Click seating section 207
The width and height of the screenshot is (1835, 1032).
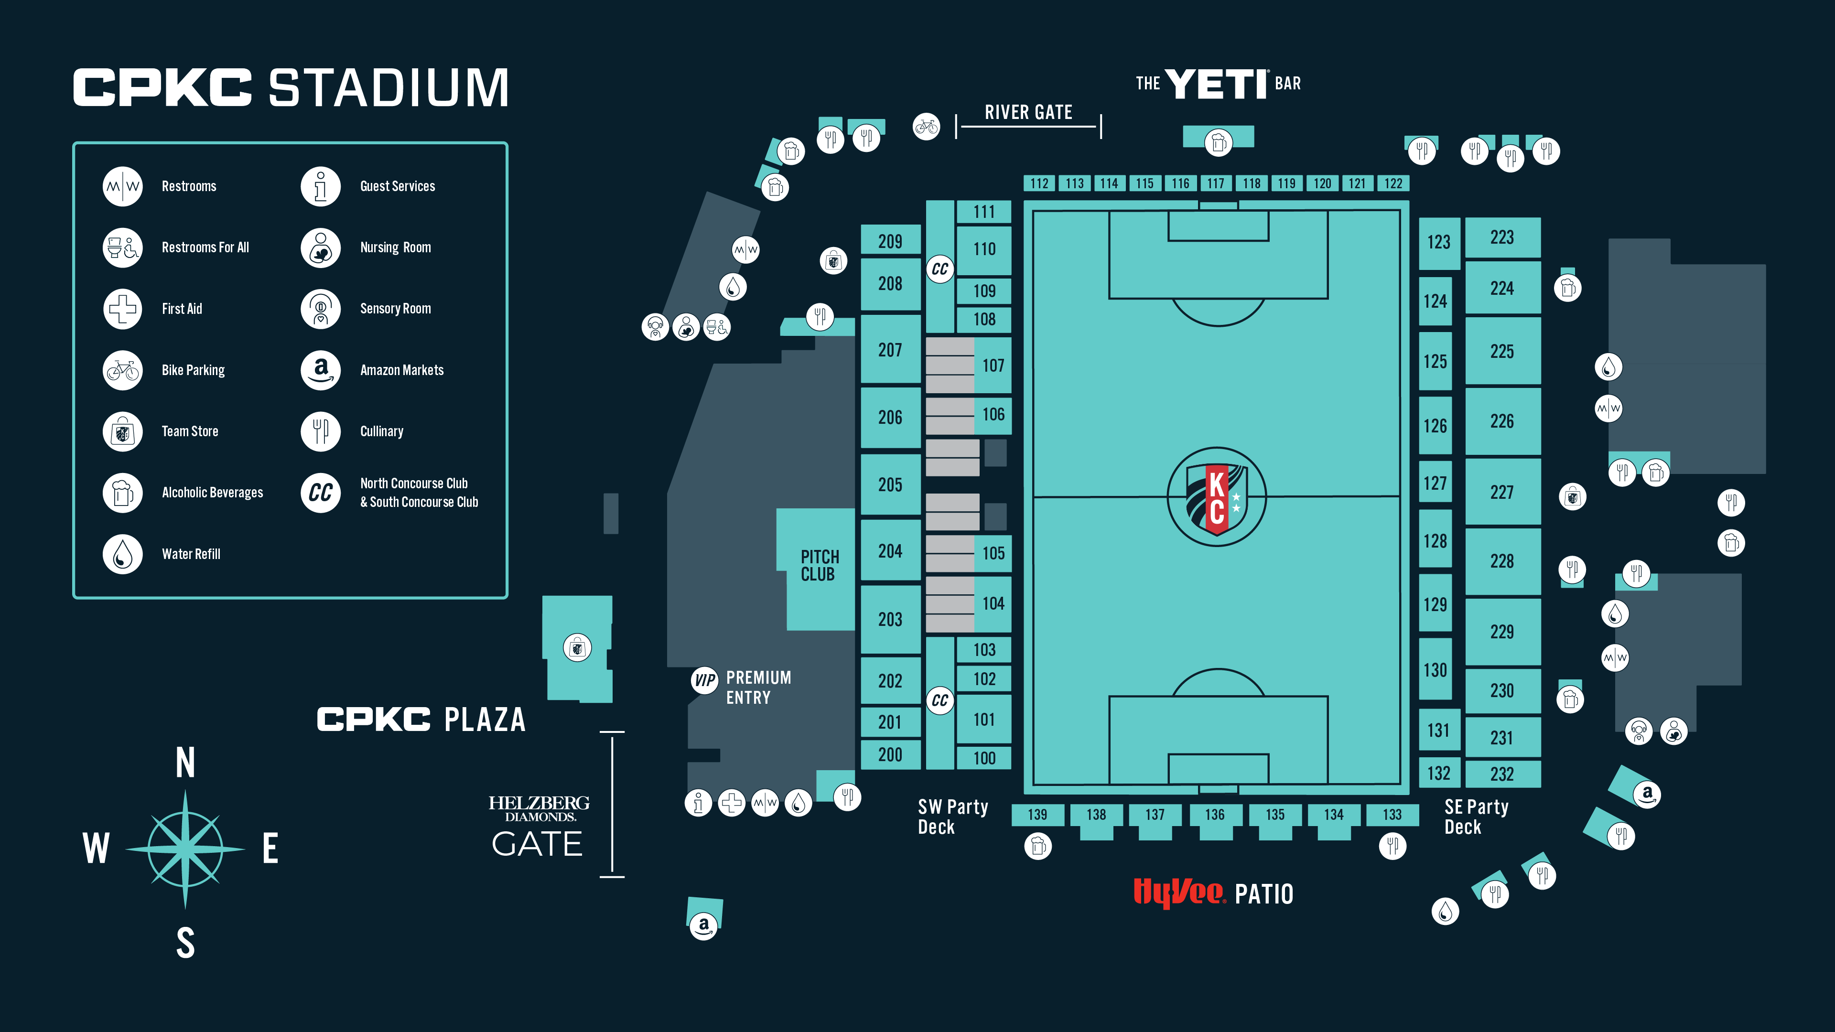click(890, 350)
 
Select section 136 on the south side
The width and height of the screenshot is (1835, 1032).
click(1215, 815)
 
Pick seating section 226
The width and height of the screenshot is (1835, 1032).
click(1501, 421)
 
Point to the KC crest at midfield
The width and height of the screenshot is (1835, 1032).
click(1217, 496)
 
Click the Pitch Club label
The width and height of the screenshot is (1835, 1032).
click(819, 566)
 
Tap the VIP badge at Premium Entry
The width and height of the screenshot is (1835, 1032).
click(704, 680)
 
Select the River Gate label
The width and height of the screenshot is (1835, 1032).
click(1028, 113)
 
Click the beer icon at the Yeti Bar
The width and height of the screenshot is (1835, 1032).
click(1218, 142)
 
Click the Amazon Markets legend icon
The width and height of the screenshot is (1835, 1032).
click(321, 370)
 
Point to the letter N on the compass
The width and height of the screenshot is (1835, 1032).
click(185, 763)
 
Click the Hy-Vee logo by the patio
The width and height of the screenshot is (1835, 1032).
click(1179, 892)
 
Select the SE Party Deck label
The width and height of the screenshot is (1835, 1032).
click(1476, 817)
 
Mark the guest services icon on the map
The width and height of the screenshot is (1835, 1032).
click(698, 803)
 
